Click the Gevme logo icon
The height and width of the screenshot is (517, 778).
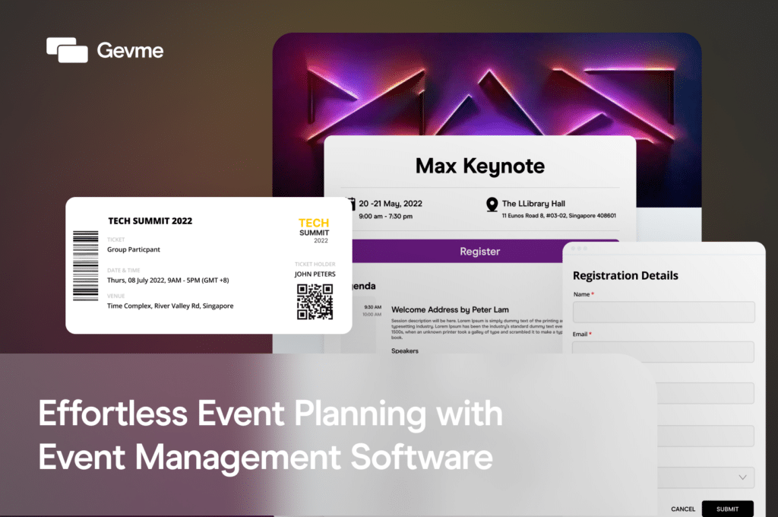(67, 50)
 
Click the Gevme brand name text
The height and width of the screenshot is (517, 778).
(130, 51)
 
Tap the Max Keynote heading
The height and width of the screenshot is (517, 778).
(480, 165)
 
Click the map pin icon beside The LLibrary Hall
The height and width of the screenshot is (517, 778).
(492, 204)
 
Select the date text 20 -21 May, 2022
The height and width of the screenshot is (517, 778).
(391, 204)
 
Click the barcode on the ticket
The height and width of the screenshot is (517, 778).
(86, 265)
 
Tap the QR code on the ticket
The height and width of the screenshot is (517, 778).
(315, 302)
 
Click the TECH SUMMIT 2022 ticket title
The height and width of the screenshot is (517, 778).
(150, 221)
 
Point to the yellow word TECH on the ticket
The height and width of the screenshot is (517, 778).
(314, 223)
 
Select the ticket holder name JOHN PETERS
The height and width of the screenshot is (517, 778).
(315, 274)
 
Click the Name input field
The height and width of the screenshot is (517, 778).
(663, 312)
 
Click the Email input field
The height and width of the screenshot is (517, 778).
(663, 351)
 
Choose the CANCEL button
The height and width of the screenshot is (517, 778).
(683, 509)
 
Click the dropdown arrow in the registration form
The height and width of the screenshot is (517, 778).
(742, 477)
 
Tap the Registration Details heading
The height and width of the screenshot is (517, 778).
(625, 275)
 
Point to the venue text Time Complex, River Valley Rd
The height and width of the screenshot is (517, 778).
(170, 306)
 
